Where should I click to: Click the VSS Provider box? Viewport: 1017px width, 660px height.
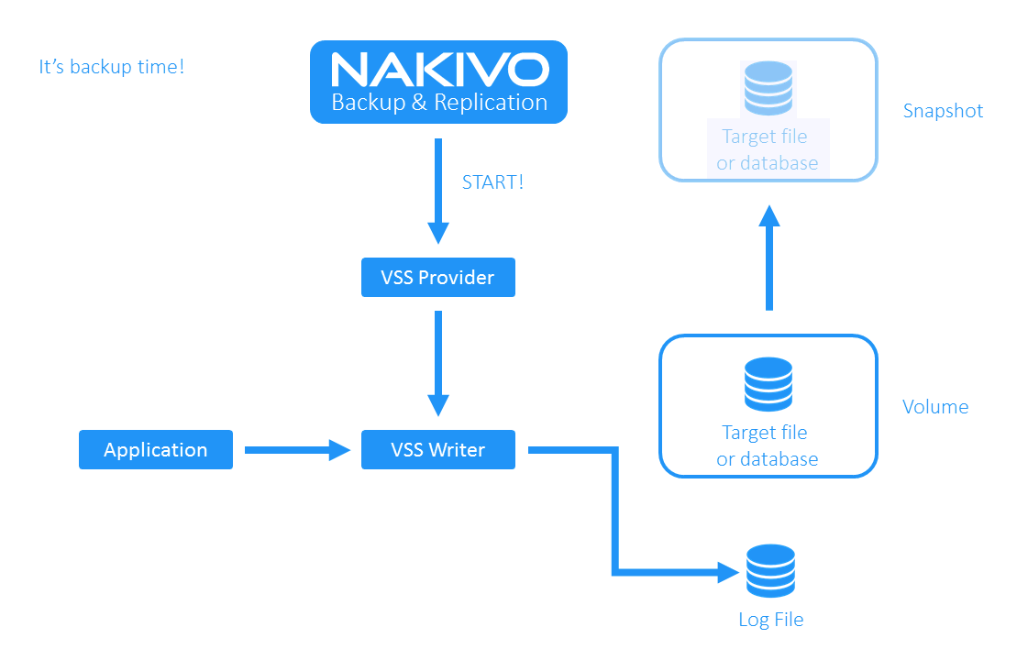point(438,278)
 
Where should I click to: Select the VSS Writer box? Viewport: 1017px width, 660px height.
point(438,450)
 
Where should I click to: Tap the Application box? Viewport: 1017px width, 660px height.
point(156,450)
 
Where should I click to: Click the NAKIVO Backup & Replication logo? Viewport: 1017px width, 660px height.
point(438,82)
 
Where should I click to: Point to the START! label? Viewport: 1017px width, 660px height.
point(493,182)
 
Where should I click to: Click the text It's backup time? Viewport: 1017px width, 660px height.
point(112,67)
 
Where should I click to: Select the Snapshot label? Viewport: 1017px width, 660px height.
point(943,111)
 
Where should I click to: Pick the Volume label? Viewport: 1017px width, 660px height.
point(935,407)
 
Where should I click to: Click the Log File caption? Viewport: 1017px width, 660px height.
point(770,620)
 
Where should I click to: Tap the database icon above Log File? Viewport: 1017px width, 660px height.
point(770,571)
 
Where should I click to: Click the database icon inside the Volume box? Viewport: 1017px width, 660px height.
point(768,384)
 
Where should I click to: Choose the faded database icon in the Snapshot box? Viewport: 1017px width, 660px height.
point(768,88)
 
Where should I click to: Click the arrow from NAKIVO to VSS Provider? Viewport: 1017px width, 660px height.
point(438,192)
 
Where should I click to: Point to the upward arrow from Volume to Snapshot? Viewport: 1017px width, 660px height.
point(769,258)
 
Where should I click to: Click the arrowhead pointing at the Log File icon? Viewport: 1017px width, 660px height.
point(728,573)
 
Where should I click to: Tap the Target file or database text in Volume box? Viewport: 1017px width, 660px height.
point(768,445)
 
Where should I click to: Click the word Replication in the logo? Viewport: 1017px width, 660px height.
point(491,103)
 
